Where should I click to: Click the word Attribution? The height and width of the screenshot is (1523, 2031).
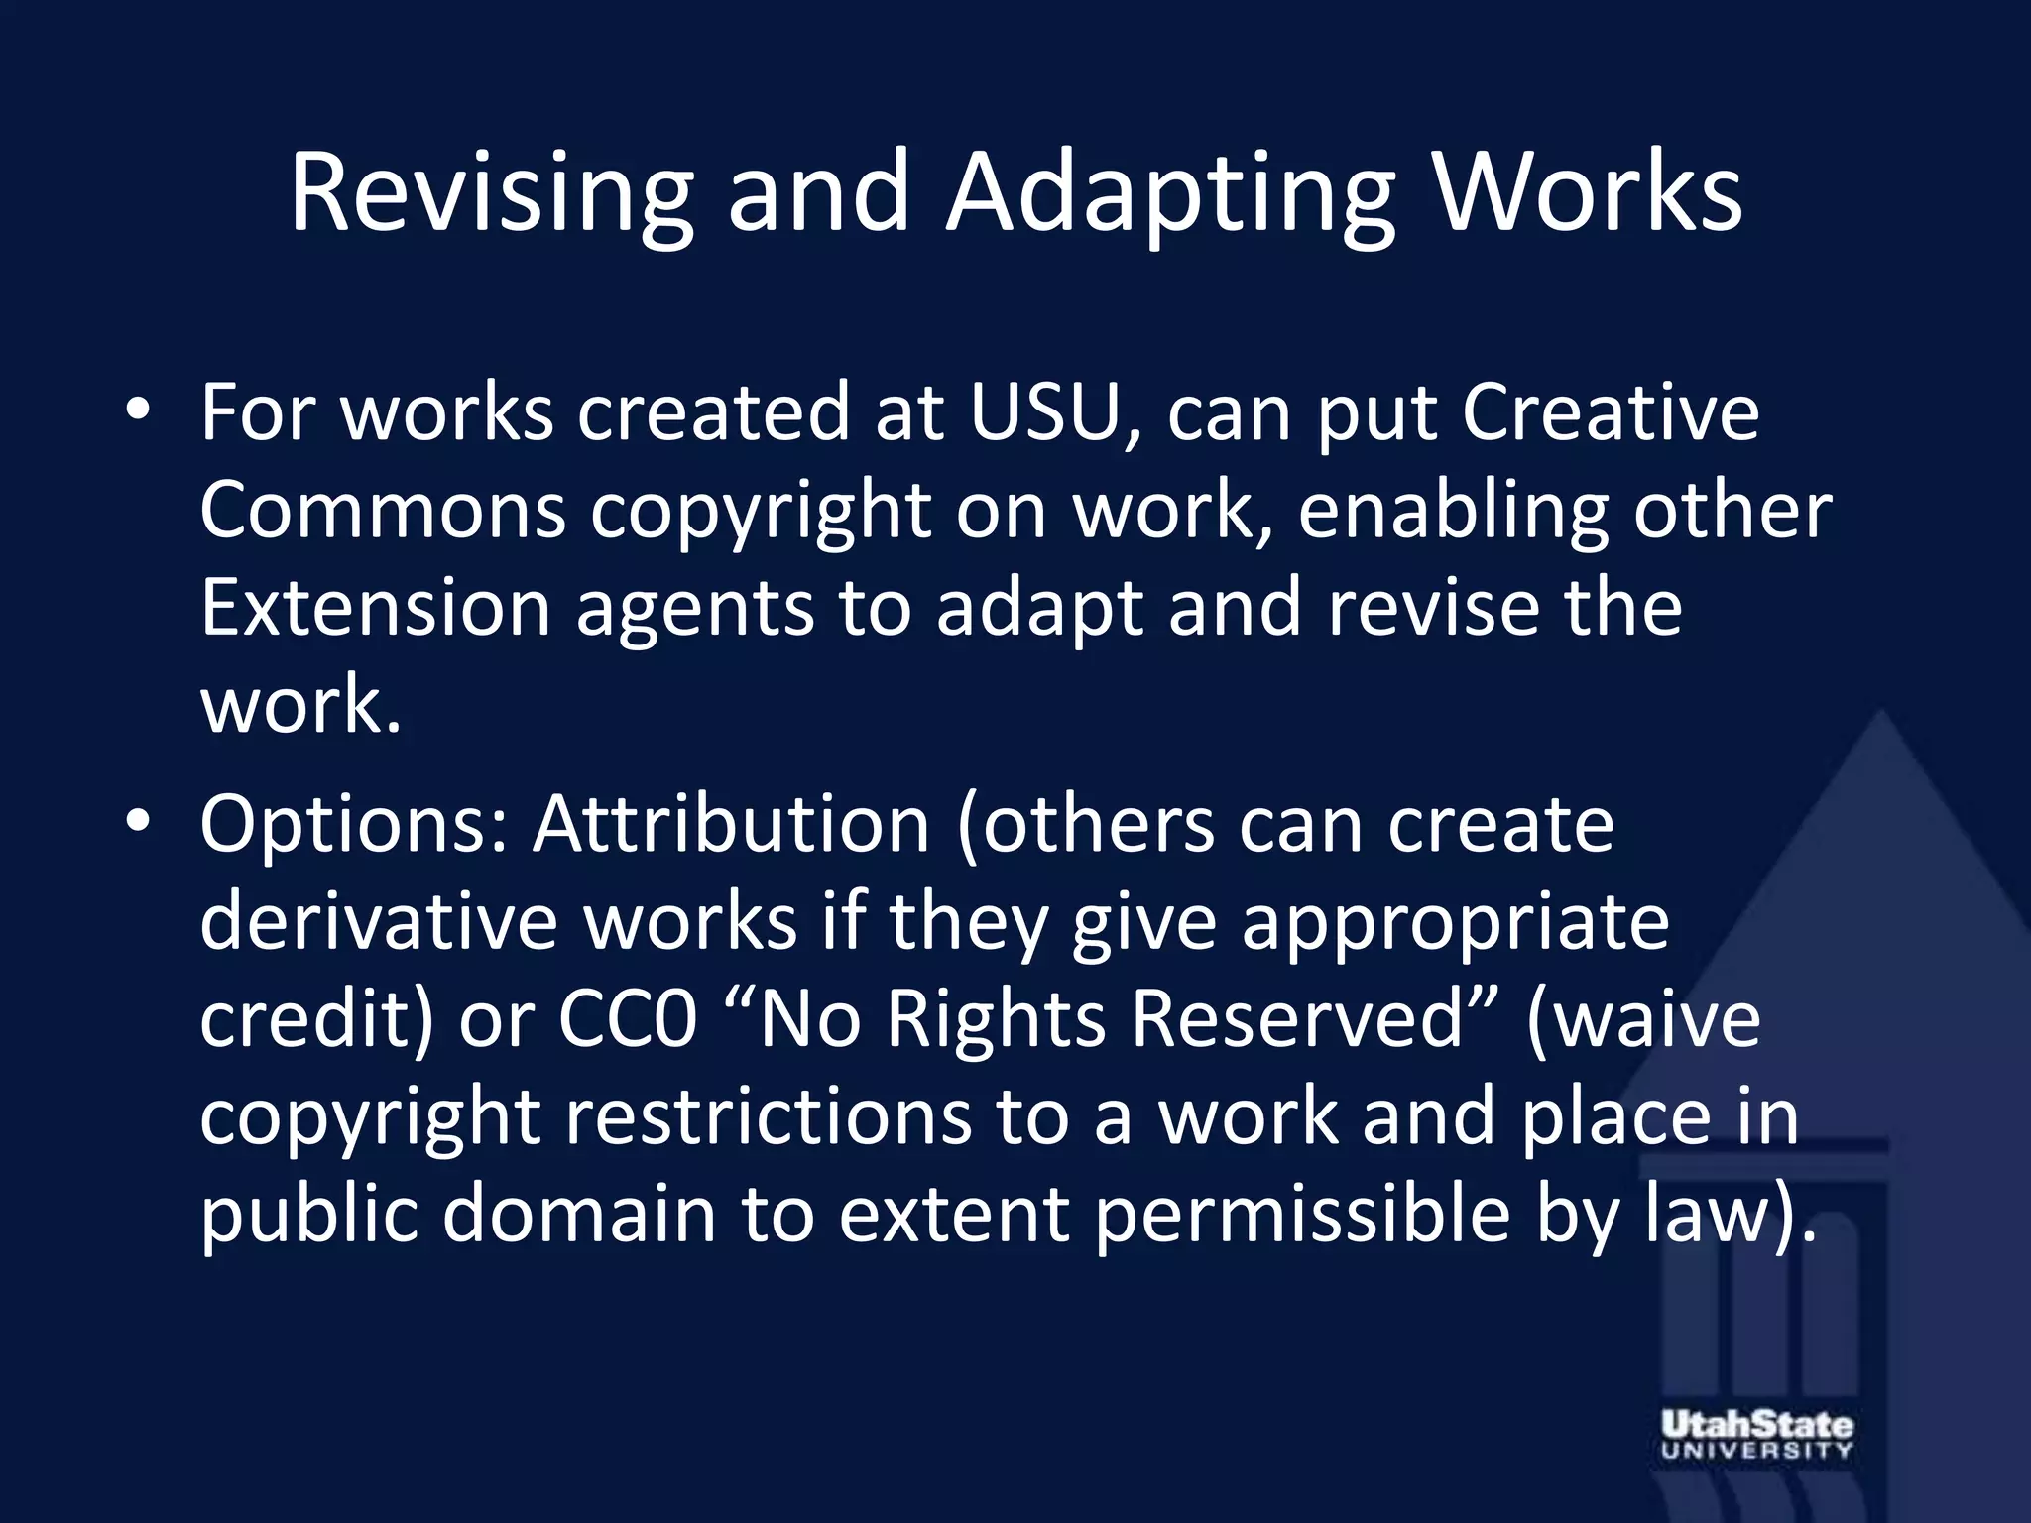pos(732,825)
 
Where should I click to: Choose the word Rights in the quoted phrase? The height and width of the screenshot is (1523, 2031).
pos(996,1019)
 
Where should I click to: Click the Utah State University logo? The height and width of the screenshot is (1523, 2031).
pos(1756,1435)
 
